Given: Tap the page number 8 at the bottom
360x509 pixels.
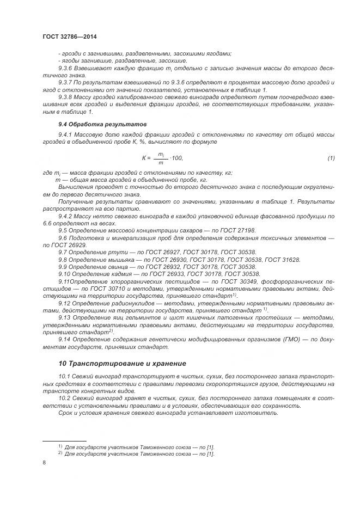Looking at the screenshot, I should (44, 462).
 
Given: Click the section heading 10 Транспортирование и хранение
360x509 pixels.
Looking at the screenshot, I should (122, 363).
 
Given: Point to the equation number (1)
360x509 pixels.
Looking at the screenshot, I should (331, 158).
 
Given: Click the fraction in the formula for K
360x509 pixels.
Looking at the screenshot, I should (161, 158).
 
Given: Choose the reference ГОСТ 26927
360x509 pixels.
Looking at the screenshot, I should (158, 253).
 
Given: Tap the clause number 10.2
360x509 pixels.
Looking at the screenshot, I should (65, 398).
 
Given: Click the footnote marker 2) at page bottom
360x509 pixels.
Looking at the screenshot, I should (60, 453).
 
